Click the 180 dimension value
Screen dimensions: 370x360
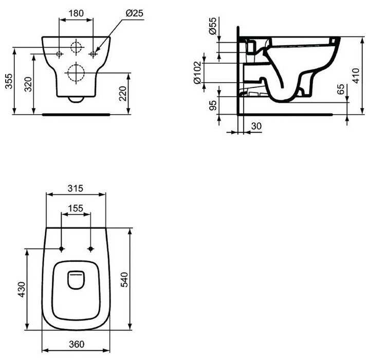coord(76,13)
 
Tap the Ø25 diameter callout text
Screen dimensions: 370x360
coord(134,13)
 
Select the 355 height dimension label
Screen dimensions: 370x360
coord(9,81)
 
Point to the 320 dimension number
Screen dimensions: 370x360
coord(28,84)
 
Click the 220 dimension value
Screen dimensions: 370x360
coord(123,94)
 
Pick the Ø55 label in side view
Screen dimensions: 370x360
coord(213,26)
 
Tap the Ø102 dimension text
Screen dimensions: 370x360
coord(197,73)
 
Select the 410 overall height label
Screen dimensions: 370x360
coord(356,76)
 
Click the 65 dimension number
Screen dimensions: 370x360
coord(341,89)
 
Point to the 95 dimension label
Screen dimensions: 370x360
coord(213,105)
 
